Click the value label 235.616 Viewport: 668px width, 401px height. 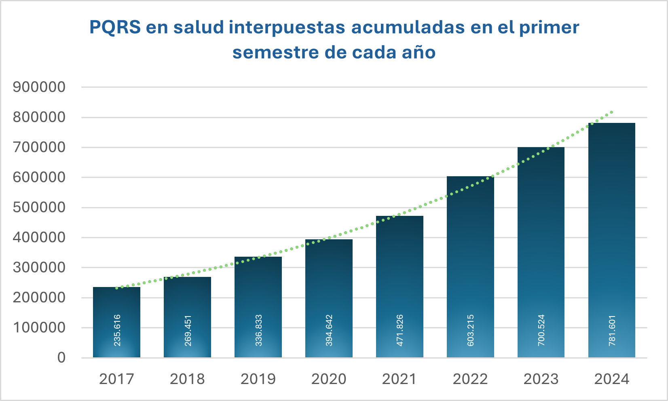(117, 330)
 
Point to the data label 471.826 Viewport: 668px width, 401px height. (400, 330)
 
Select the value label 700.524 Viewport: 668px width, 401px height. (541, 330)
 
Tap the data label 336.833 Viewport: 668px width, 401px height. (258, 330)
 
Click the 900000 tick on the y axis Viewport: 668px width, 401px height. (39, 87)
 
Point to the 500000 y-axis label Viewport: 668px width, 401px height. (39, 207)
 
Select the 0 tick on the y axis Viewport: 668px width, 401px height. (61, 358)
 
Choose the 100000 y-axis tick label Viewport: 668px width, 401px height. (39, 327)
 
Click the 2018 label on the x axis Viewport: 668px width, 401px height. (187, 379)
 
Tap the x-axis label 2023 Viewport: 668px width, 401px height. (541, 379)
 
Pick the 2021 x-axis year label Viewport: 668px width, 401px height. (400, 379)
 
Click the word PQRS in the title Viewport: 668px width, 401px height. (115, 27)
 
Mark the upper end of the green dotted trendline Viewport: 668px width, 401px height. (612, 112)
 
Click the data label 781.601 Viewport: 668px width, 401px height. (612, 330)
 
